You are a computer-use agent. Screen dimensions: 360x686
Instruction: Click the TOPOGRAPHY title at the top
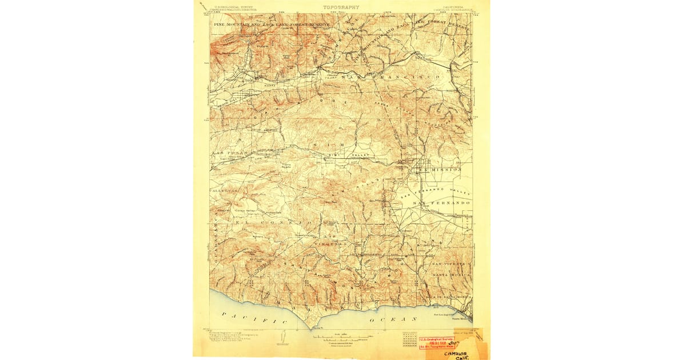[341, 7]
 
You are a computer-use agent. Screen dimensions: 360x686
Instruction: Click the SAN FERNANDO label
[442, 203]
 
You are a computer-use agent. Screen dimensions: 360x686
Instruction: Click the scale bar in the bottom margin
[343, 338]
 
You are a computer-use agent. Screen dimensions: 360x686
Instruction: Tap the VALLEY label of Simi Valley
[362, 155]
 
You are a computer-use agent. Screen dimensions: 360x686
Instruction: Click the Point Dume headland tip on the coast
[312, 329]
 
